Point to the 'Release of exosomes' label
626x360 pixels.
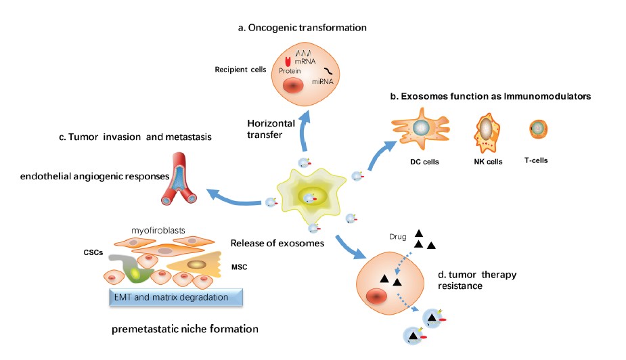[x=269, y=244]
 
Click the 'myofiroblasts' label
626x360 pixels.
[x=160, y=231]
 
